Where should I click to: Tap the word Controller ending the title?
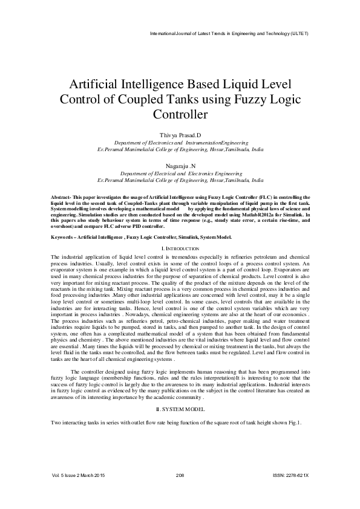180,114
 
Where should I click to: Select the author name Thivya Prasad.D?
180,134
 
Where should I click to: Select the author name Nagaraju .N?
180,164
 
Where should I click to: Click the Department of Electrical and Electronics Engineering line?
180,172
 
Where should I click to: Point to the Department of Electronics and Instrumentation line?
180,141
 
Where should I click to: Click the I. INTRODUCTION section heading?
180,248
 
